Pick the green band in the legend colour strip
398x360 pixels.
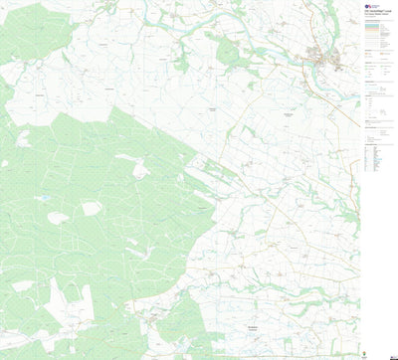point(375,34)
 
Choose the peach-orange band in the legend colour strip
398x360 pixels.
point(375,38)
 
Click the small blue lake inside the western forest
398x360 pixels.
point(44,198)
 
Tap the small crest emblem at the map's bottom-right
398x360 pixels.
point(385,351)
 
